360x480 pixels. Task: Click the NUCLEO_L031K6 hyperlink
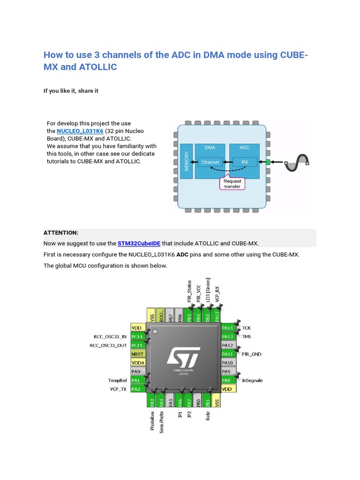pyautogui.click(x=80, y=131)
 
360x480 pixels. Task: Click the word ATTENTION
pyautogui.click(x=61, y=233)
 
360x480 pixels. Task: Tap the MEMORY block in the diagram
pyautogui.click(x=187, y=161)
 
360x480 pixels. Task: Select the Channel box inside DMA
pyautogui.click(x=210, y=163)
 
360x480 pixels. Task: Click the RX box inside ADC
pyautogui.click(x=245, y=163)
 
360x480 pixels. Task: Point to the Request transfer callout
pyautogui.click(x=232, y=183)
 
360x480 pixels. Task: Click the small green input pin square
pyautogui.click(x=268, y=162)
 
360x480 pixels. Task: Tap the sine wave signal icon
pyautogui.click(x=298, y=161)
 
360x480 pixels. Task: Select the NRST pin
pyautogui.click(x=138, y=354)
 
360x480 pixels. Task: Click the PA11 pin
pyautogui.click(x=227, y=354)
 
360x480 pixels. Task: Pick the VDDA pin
pyautogui.click(x=138, y=363)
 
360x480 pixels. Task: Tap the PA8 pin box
pyautogui.click(x=227, y=381)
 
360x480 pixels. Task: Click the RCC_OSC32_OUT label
pyautogui.click(x=108, y=345)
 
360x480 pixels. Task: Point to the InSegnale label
pyautogui.click(x=253, y=381)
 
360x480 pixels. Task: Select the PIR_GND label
pyautogui.click(x=251, y=354)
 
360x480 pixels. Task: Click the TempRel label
pyautogui.click(x=117, y=380)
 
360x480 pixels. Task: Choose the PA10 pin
pyautogui.click(x=227, y=363)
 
